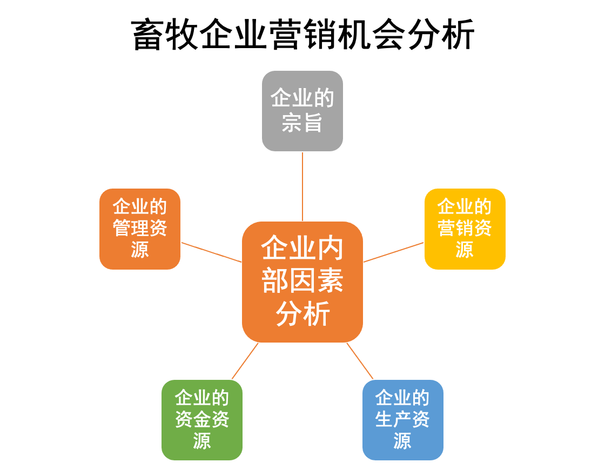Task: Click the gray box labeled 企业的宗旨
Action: [x=302, y=111]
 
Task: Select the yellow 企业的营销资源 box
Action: [x=465, y=229]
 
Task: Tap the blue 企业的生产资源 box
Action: [x=402, y=420]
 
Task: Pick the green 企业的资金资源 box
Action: [x=202, y=420]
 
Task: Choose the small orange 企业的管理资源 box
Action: [x=139, y=229]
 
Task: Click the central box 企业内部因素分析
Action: [x=302, y=282]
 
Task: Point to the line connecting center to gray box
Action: [x=302, y=186]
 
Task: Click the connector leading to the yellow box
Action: [x=394, y=252]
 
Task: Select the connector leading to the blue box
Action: [x=360, y=361]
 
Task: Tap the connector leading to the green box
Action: [x=245, y=361]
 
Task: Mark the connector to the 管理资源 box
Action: [x=211, y=252]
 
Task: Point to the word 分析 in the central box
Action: [x=302, y=314]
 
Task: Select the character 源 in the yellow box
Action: [x=465, y=250]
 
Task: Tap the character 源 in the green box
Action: [x=202, y=441]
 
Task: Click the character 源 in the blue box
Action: [x=402, y=441]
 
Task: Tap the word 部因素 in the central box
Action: [x=302, y=282]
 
